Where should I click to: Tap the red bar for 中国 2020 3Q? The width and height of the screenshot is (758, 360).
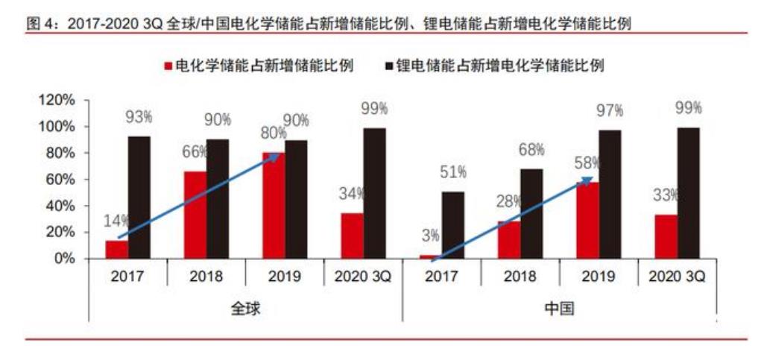point(666,236)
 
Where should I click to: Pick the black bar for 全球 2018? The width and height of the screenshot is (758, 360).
point(218,199)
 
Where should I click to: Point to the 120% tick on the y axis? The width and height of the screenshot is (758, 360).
point(57,100)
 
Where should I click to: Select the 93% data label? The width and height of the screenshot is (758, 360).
point(139,117)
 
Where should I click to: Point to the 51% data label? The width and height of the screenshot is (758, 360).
point(453,172)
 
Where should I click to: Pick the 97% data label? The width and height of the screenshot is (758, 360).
point(610,111)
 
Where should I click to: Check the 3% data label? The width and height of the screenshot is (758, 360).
point(429,236)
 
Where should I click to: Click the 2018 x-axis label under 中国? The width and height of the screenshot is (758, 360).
point(519,277)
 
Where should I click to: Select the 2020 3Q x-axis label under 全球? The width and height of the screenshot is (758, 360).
point(363,277)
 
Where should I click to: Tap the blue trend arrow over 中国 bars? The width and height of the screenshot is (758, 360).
point(512,220)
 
